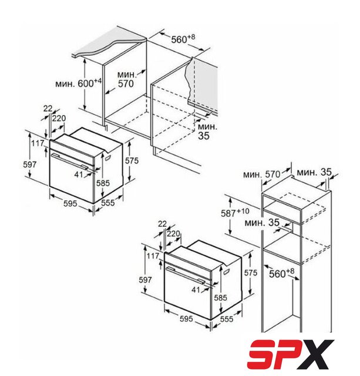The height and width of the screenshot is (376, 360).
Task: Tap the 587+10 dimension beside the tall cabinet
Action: pyautogui.click(x=235, y=213)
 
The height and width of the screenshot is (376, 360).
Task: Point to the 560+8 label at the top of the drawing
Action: pyautogui.click(x=183, y=39)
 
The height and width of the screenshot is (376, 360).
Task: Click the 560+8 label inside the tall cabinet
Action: pyautogui.click(x=281, y=273)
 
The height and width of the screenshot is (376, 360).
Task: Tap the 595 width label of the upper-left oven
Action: pyautogui.click(x=70, y=203)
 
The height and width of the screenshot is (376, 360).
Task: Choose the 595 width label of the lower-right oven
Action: pyautogui.click(x=186, y=318)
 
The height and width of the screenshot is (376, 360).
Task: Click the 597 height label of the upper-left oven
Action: pyautogui.click(x=30, y=164)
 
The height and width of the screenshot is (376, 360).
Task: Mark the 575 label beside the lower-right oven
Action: pyautogui.click(x=250, y=273)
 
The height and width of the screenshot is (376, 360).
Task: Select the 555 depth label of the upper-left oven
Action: pyautogui.click(x=107, y=203)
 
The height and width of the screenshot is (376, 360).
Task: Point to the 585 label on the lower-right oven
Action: pyautogui.click(x=220, y=298)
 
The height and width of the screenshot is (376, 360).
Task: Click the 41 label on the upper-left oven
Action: pyautogui.click(x=79, y=174)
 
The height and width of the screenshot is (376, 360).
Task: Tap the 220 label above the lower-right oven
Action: pyautogui.click(x=173, y=233)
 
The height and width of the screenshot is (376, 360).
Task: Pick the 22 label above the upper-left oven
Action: pyautogui.click(x=48, y=109)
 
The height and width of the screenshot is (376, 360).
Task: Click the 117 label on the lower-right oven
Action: pyautogui.click(x=153, y=256)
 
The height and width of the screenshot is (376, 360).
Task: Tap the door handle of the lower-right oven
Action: pyautogui.click(x=184, y=276)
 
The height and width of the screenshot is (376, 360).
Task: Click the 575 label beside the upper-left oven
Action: pyautogui.click(x=132, y=160)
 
